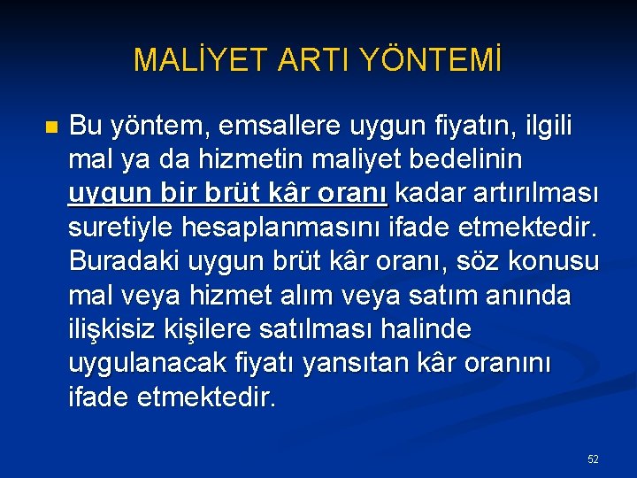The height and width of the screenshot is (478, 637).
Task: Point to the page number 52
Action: coord(593,459)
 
